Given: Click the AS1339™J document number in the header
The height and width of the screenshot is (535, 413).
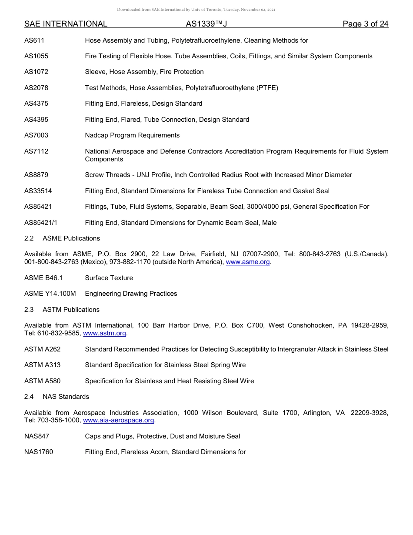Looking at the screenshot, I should (206, 24).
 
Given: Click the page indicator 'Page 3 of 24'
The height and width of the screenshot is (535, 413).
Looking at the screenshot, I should (365, 24).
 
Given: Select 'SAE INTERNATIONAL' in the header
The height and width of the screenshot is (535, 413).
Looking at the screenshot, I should (66, 24).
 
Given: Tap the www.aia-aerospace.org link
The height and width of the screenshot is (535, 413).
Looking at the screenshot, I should (118, 421).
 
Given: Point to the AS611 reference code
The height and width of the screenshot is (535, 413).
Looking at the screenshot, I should (34, 40).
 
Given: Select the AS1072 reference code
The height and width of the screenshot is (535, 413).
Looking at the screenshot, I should (36, 72).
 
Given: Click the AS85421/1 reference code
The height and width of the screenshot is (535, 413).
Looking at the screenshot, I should (41, 223).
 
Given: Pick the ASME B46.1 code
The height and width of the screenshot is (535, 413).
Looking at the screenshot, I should (43, 278).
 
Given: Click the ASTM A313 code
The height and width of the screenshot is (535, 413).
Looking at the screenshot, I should (43, 365).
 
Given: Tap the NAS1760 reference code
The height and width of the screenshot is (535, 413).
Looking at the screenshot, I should (39, 452).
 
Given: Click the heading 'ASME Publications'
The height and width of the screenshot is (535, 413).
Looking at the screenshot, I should (71, 238).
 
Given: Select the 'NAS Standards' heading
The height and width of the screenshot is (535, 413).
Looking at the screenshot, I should (66, 397).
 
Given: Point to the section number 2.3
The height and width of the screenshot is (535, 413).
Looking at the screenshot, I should (29, 310).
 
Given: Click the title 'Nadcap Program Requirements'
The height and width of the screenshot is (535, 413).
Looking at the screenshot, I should (132, 135).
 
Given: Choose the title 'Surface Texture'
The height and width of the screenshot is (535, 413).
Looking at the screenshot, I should (109, 278).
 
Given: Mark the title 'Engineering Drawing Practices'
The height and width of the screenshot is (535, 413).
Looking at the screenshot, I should (131, 294).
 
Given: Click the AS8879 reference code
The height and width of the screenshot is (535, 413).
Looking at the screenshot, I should (36, 175).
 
